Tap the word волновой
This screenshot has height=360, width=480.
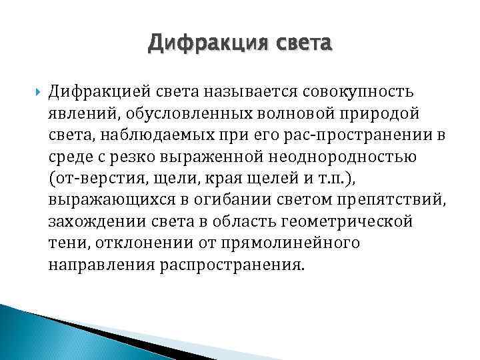pos(297,111)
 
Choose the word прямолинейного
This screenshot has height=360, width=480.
pos(303,243)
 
